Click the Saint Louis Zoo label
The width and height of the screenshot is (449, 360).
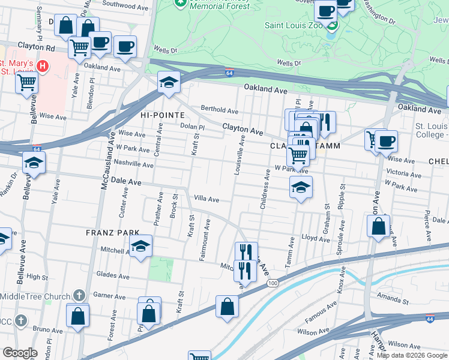(294, 25)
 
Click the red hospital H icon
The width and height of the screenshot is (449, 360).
(43, 65)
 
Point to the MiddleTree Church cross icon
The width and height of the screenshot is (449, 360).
(79, 295)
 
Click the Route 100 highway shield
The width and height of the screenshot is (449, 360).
(273, 283)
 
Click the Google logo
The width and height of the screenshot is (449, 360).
(20, 353)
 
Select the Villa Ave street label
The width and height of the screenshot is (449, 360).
(206, 199)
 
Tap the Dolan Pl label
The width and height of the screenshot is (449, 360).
(193, 127)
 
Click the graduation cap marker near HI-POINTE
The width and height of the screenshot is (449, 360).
(169, 82)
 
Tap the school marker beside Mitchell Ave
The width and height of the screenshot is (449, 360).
(140, 246)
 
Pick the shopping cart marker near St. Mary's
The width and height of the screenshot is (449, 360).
(26, 82)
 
